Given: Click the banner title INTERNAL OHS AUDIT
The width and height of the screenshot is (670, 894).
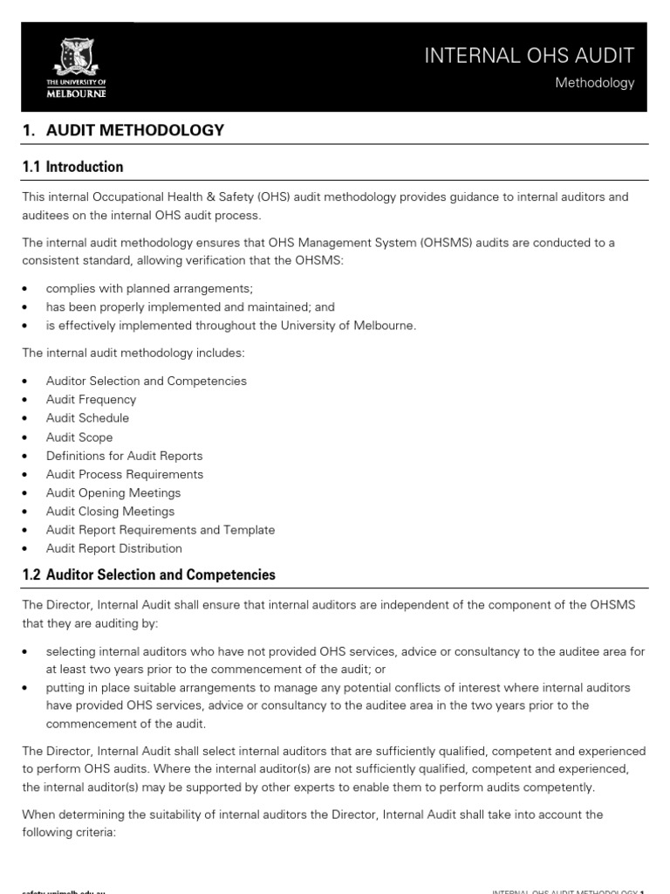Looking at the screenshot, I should pos(529,56).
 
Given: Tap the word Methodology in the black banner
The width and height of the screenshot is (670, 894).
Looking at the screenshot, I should pos(595,83).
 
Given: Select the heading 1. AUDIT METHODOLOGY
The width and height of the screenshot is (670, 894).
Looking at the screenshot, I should pos(123,130).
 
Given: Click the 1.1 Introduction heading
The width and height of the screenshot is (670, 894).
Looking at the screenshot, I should pos(72,167).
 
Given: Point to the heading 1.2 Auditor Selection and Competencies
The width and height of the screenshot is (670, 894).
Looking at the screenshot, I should pos(148,574).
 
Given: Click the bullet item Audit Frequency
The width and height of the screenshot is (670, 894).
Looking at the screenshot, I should pos(91,400).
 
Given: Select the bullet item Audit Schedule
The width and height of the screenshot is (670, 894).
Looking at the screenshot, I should pos(87,418).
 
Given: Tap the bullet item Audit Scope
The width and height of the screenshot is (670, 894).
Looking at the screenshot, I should pos(79,437).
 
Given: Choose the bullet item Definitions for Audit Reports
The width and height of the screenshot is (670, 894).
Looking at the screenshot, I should pos(124,456).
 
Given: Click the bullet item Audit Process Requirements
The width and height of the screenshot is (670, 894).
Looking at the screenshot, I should pos(125,474).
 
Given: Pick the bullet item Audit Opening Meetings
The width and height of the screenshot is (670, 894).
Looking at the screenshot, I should pos(113,493).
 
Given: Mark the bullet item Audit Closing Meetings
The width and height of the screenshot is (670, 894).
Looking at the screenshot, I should pos(110,512).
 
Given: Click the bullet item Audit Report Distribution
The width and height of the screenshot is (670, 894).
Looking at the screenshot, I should pos(114,548).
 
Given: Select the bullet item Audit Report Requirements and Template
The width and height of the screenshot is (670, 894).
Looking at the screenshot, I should pos(161,530).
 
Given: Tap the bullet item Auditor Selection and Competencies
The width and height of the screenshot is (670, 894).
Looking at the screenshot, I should pos(147,382).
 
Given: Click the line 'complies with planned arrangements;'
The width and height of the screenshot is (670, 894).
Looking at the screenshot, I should pos(142,288).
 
